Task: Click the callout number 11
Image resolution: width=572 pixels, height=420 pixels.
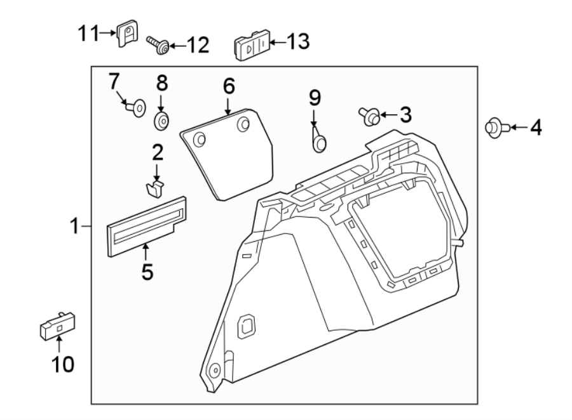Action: click(88, 33)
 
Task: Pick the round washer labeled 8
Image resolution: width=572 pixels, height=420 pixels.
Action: click(161, 120)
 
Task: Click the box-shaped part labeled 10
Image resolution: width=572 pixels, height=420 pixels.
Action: click(58, 326)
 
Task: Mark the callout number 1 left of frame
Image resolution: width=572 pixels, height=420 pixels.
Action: click(75, 225)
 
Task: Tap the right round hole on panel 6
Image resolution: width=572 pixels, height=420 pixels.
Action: click(243, 124)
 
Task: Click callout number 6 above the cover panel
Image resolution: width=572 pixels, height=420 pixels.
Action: click(228, 86)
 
